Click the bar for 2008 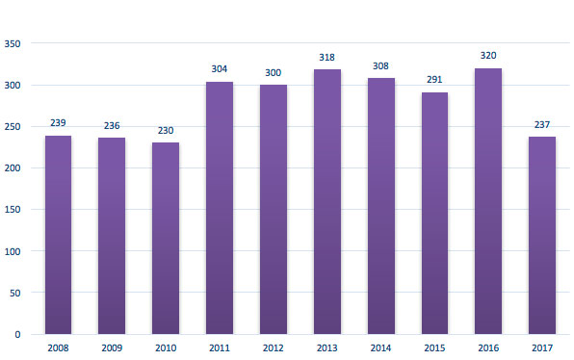pos(58,235)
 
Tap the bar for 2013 pos(327,202)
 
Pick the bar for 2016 pos(488,201)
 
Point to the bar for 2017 pos(542,236)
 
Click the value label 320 pos(488,56)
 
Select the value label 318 pos(327,58)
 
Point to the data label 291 pos(434,80)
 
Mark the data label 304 pos(220,69)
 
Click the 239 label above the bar pos(58,123)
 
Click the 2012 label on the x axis pos(274,348)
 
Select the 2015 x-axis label pos(434,348)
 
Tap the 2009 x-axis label pos(112,348)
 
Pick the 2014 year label pos(380,348)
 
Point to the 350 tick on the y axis pos(13,43)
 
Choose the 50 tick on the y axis pos(16,293)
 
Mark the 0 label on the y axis pos(19,334)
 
